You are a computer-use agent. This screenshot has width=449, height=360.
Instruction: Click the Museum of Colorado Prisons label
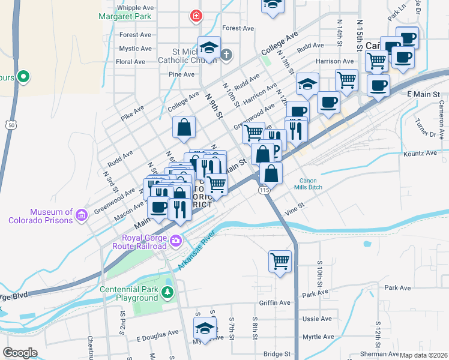(x=40, y=216)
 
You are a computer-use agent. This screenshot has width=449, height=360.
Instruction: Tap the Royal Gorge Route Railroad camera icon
(x=176, y=241)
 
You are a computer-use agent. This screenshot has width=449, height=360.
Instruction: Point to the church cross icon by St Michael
(x=226, y=56)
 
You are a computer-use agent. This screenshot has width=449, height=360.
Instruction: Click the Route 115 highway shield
(x=264, y=190)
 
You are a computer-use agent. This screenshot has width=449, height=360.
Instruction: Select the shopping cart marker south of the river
(x=280, y=261)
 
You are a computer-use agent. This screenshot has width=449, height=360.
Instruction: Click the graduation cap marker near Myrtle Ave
(x=205, y=328)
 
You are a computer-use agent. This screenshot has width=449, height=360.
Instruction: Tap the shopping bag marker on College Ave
(x=184, y=127)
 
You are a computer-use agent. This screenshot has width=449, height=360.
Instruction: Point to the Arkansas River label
(x=196, y=251)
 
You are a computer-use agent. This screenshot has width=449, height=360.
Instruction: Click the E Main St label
(x=423, y=95)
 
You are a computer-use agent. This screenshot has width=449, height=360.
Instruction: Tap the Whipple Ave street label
(x=136, y=8)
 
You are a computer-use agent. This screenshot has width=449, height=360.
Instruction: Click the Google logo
(x=20, y=353)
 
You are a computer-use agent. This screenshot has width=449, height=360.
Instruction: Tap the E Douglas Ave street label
(x=157, y=332)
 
